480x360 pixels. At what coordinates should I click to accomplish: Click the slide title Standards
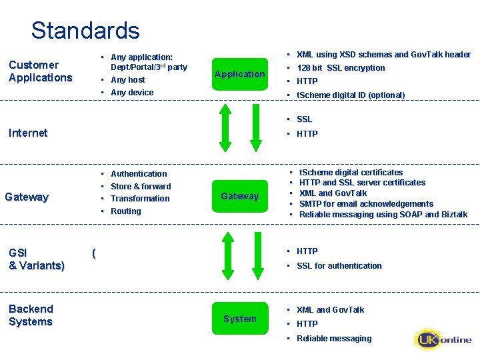85,31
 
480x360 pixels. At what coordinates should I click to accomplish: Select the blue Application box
239,74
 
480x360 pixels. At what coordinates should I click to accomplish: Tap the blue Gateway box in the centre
239,196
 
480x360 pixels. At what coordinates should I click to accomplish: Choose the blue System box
239,319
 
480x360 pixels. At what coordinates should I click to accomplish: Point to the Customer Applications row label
40,71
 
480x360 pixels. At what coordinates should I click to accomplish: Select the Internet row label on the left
28,133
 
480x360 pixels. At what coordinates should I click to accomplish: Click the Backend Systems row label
31,315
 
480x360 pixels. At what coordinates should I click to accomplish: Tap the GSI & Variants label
36,259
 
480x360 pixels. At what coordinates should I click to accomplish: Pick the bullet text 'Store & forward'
141,187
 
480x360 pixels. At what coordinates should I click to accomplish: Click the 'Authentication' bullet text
139,174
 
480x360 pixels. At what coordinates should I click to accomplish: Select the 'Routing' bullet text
126,211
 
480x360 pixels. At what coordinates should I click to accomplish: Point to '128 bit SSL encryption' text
341,68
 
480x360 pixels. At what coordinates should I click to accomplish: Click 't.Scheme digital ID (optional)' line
350,95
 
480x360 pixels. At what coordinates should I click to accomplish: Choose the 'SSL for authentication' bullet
339,266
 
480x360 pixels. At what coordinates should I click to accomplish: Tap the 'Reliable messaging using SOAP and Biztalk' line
383,215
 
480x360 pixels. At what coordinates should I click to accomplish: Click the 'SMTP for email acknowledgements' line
366,204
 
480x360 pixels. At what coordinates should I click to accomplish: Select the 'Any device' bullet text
132,93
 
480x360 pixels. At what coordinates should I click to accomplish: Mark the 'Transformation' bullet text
140,199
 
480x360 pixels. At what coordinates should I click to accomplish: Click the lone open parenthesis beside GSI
94,253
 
